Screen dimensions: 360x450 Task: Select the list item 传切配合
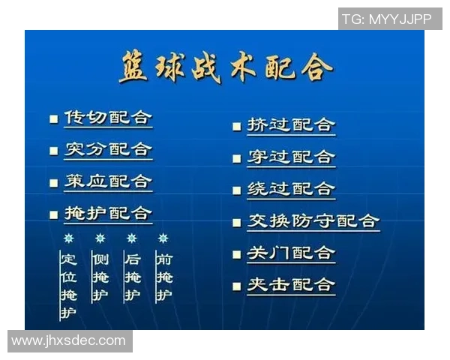(108, 118)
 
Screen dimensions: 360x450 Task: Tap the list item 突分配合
(108, 149)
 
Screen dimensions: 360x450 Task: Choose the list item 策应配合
(108, 181)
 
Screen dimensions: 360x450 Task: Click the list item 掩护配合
(108, 213)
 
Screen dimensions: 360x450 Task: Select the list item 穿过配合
(291, 157)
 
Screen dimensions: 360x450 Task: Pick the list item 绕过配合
(291, 189)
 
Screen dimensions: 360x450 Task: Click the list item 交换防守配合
(313, 221)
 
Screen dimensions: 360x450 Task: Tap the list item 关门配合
(291, 253)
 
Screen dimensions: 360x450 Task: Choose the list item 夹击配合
(291, 285)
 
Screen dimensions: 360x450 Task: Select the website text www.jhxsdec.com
(69, 340)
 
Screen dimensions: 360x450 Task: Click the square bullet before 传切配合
(53, 119)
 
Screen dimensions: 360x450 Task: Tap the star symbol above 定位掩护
(68, 238)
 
